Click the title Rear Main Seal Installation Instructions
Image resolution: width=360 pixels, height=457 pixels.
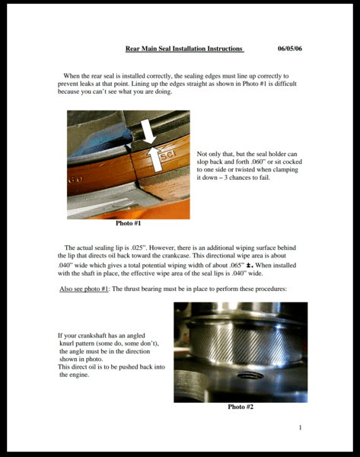coord(184,49)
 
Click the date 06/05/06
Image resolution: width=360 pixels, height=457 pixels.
coord(290,49)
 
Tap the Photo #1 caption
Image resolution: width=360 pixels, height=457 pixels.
coord(128,223)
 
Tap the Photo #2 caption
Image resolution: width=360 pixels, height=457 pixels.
coord(241,407)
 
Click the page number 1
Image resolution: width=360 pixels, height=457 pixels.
coord(300,427)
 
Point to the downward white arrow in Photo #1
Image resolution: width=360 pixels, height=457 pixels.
coord(148,131)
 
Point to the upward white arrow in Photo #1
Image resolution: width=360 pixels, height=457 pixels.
coord(155,159)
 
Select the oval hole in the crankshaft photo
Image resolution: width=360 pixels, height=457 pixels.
coord(250,376)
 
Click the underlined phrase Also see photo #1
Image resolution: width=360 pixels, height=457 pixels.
coord(84,289)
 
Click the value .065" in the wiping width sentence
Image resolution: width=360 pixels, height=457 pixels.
coord(237,265)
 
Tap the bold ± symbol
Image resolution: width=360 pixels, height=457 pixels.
coord(249,266)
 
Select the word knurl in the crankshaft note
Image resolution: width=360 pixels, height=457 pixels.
coord(66,344)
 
